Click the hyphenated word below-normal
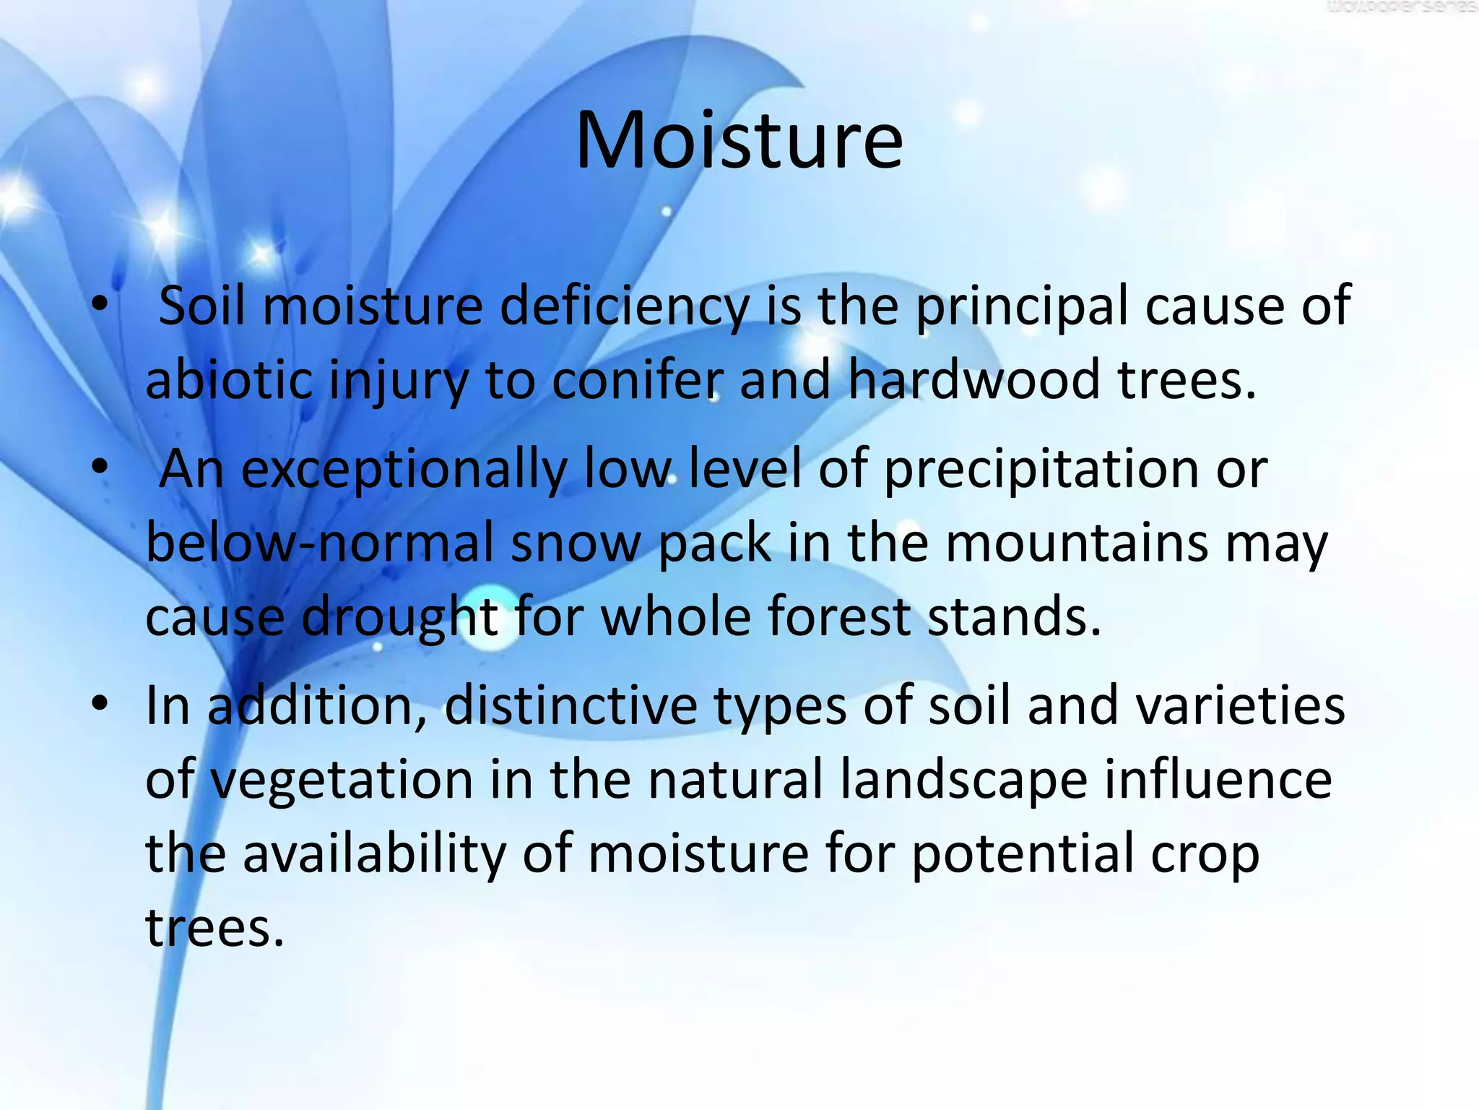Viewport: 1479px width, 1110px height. pyautogui.click(x=318, y=543)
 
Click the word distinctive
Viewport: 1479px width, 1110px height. pyautogui.click(x=571, y=706)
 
